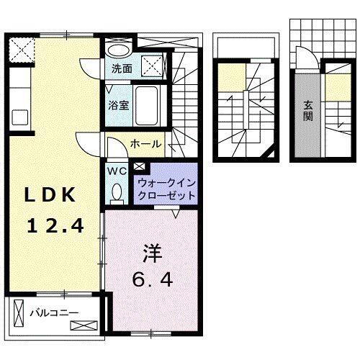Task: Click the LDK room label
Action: [x=52, y=196]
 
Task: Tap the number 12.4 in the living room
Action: [x=55, y=226]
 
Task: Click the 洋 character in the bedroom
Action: [x=150, y=255]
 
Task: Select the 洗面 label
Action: [x=122, y=70]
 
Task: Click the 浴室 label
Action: [x=119, y=105]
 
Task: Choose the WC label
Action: [x=117, y=171]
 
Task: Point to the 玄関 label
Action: [x=306, y=109]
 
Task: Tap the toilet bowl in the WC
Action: [x=117, y=192]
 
